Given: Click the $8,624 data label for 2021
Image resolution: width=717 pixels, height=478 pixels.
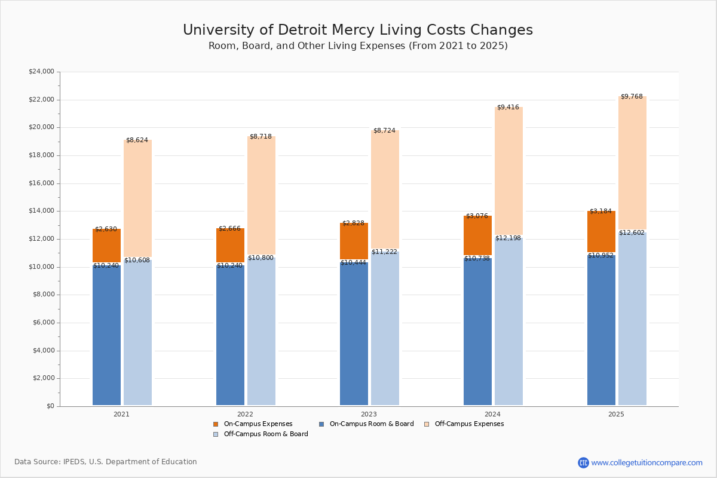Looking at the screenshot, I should (137, 140).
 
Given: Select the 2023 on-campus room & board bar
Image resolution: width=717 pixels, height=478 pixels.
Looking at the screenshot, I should (354, 335).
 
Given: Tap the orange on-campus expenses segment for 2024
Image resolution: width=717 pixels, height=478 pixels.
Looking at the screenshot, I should (477, 236).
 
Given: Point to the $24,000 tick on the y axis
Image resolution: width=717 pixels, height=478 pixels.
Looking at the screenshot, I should (41, 72).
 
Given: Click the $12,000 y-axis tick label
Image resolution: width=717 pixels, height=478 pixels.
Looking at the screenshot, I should (41, 239).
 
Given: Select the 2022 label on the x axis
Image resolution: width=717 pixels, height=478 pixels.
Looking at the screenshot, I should (245, 414).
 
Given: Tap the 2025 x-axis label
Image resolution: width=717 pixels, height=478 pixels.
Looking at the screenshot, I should (616, 414).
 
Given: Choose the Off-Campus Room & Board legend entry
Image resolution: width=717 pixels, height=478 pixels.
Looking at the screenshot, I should (265, 434).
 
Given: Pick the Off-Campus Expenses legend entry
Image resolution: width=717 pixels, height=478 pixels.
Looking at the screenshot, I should (468, 424).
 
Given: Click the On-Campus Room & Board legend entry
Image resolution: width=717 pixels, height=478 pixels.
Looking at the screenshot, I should (371, 424).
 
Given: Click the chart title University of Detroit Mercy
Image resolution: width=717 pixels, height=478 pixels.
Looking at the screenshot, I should (357, 30).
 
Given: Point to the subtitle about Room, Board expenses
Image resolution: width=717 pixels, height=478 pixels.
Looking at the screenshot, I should (357, 46).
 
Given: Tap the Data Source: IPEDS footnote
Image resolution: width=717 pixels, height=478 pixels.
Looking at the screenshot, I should (106, 462).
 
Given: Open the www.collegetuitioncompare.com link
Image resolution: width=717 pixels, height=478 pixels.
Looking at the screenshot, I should (646, 463).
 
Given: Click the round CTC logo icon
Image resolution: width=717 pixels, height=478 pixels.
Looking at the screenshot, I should (583, 463).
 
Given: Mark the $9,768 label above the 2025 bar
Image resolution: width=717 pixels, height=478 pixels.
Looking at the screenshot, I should (632, 97).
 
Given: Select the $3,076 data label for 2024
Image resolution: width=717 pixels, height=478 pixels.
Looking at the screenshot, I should (477, 216).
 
